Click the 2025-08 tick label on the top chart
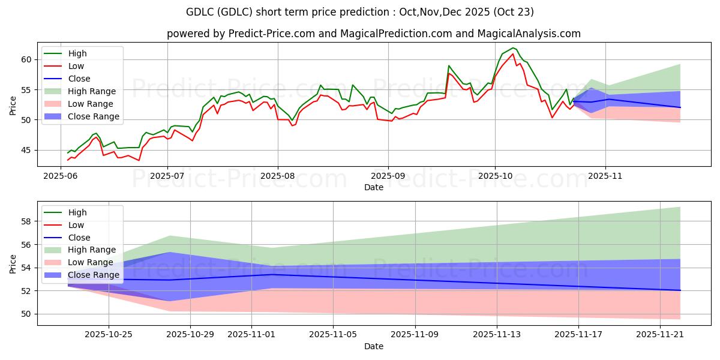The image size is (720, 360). coord(278,177)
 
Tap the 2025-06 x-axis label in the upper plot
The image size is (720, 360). coord(61,177)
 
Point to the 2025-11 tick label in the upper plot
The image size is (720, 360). coord(605,177)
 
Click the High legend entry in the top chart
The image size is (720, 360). coord(77,53)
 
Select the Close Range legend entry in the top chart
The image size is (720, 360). coord(94,116)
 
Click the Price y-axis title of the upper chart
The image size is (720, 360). coord(13,106)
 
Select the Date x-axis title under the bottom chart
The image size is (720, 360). coord(373,346)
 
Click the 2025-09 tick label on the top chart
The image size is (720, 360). coord(388,177)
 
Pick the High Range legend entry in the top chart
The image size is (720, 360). coord(92,91)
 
